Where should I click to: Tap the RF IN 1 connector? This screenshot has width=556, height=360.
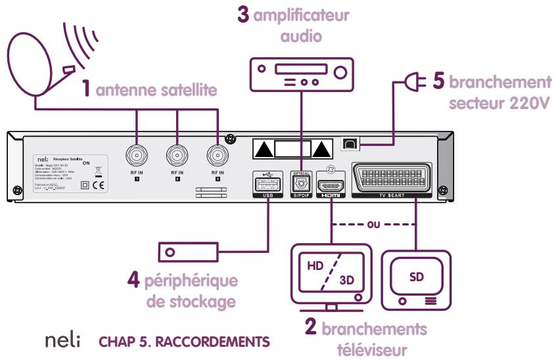pyautogui.click(x=137, y=156)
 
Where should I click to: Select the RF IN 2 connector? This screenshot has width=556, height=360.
pyautogui.click(x=177, y=156)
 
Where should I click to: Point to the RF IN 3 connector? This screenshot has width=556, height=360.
pyautogui.click(x=217, y=156)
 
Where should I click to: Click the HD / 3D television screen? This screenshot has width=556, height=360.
pyautogui.click(x=331, y=271)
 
